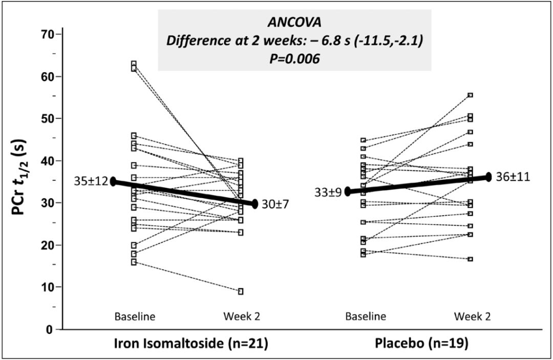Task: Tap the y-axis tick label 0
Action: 52,329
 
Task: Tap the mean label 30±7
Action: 275,204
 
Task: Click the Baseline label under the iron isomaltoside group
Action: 135,316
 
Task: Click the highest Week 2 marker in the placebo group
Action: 470,95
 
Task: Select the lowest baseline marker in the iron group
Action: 134,262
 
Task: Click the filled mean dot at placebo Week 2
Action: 488,177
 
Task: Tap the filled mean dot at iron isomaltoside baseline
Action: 114,182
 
